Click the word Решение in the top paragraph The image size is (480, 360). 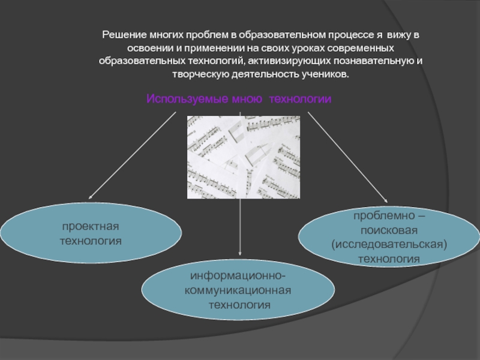click(x=121, y=35)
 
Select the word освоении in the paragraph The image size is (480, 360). click(x=150, y=49)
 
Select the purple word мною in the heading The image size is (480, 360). click(x=247, y=98)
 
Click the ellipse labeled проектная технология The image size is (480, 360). click(x=90, y=233)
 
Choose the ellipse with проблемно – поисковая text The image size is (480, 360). click(x=388, y=236)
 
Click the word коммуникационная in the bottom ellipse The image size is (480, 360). click(x=239, y=291)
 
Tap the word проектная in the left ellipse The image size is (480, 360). click(x=90, y=226)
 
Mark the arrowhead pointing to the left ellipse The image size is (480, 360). click(x=91, y=197)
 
